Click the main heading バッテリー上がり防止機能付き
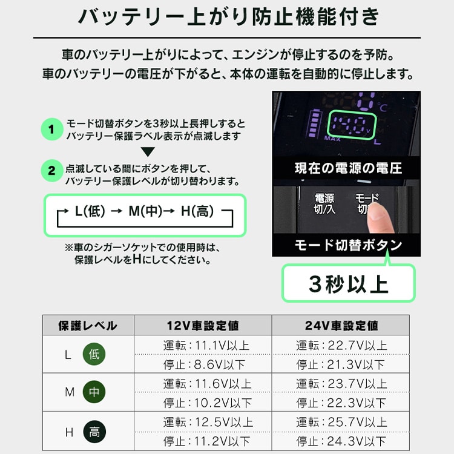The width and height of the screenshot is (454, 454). click(227, 17)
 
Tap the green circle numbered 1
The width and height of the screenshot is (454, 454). click(52, 129)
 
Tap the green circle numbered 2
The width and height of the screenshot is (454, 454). click(52, 171)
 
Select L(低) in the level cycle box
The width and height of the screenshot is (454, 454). click(90, 212)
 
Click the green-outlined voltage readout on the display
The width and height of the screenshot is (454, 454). click(350, 125)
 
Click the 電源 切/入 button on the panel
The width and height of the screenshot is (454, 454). click(324, 203)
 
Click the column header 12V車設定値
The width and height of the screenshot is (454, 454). click(202, 325)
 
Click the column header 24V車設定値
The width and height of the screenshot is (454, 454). click(341, 325)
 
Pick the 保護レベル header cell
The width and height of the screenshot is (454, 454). click(88, 325)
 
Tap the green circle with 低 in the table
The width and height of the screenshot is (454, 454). click(94, 355)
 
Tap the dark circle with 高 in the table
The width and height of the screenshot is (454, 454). click(94, 432)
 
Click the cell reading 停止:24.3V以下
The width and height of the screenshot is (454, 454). click(340, 442)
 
